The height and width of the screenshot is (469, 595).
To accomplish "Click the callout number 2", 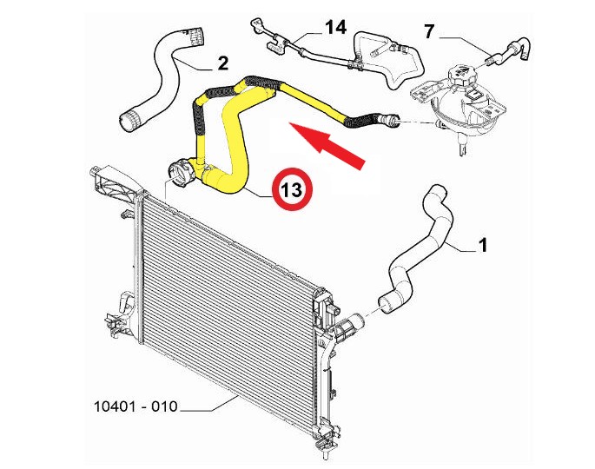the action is (223, 63).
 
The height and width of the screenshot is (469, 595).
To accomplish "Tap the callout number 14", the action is (336, 28).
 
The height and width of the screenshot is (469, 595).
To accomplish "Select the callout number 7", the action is (429, 31).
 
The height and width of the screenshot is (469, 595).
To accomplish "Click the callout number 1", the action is (483, 245).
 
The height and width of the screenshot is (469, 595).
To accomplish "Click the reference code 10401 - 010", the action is (136, 406).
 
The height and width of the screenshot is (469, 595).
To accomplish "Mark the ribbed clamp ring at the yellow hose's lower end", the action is (182, 173).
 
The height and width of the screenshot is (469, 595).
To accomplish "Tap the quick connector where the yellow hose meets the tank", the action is (387, 120).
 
